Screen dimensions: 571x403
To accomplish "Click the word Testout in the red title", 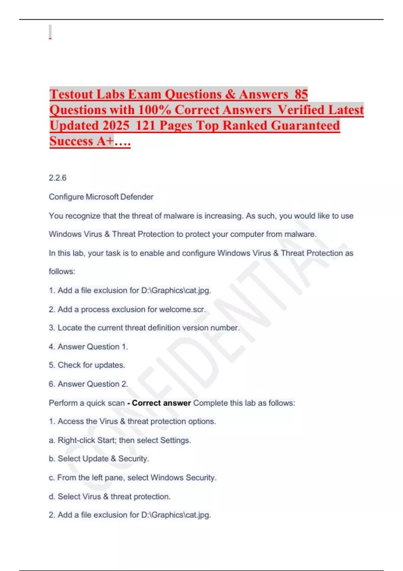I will tap(72, 94).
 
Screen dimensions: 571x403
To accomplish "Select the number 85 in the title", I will tap(301, 94).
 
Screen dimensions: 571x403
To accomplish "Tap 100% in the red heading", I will tap(154, 110).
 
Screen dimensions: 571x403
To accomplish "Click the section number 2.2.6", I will tap(57, 178).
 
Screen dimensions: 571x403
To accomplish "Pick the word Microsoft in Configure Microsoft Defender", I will tap(102, 197).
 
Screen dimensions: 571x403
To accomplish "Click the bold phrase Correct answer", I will tap(161, 403).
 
